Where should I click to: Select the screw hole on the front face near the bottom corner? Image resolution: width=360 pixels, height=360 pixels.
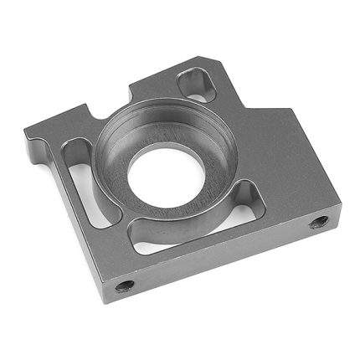[x=124, y=285]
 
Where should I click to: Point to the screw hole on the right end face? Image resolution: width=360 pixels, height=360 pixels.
[x=318, y=223]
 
